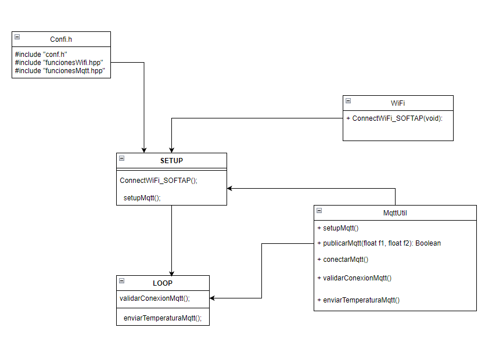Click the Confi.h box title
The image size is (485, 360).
click(61, 39)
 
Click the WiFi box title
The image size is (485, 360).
click(398, 103)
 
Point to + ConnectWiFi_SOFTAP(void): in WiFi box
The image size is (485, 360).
click(394, 118)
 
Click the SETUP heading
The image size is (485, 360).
click(171, 160)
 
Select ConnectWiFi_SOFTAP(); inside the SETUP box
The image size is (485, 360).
click(159, 180)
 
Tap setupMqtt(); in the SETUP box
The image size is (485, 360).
click(142, 197)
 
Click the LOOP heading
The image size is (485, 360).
click(163, 283)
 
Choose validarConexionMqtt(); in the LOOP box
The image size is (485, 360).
click(155, 298)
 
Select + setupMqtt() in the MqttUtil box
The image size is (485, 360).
click(338, 228)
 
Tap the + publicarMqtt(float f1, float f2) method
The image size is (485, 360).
click(379, 243)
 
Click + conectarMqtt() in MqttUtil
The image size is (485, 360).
click(343, 260)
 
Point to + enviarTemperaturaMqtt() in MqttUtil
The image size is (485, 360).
click(358, 300)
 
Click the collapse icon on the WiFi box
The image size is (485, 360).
click(348, 100)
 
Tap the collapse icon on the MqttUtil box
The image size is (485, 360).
click(319, 210)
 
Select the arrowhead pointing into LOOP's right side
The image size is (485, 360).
click(213, 298)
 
